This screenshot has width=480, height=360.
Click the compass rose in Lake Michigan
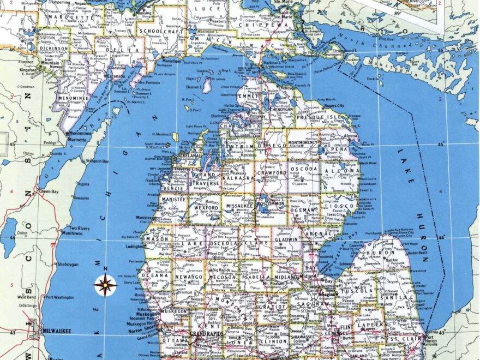pyautogui.click(x=105, y=285)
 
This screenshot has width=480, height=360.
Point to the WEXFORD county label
pyautogui.click(x=204, y=207)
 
